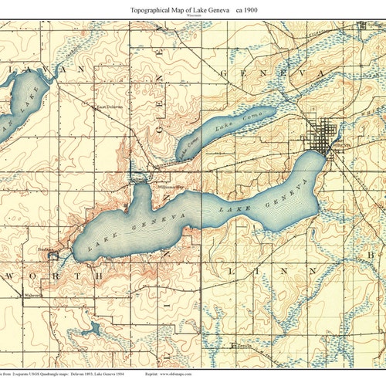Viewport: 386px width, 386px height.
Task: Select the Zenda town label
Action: pos(245,347)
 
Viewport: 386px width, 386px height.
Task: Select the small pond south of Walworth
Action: pos(93,328)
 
